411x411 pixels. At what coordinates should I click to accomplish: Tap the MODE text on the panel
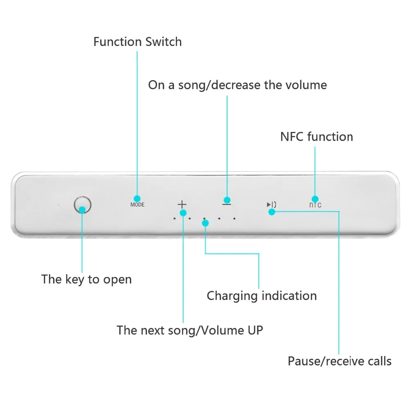[137, 205]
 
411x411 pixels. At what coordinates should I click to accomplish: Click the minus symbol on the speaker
[227, 204]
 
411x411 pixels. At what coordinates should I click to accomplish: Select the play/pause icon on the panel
[271, 204]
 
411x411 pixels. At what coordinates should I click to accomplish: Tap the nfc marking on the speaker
[315, 205]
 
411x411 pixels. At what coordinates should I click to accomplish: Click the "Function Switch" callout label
[138, 42]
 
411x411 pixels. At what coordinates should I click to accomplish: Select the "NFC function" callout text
[316, 136]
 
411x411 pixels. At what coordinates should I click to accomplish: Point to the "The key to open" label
[86, 279]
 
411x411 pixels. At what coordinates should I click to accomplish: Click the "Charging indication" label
[262, 296]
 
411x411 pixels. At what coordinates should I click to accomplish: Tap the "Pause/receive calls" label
[340, 361]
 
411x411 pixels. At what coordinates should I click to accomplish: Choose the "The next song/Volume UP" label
[190, 330]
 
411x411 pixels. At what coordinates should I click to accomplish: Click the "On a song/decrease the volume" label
[238, 85]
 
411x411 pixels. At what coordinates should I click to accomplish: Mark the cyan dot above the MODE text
[137, 199]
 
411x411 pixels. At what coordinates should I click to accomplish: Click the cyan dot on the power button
[82, 210]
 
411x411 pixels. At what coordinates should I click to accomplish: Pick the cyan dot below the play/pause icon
[272, 212]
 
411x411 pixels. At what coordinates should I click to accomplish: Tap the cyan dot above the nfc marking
[315, 199]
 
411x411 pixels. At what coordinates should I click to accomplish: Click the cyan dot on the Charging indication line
[205, 223]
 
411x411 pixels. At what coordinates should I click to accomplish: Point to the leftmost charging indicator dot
[175, 218]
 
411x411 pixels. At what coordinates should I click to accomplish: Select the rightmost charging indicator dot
[234, 218]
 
